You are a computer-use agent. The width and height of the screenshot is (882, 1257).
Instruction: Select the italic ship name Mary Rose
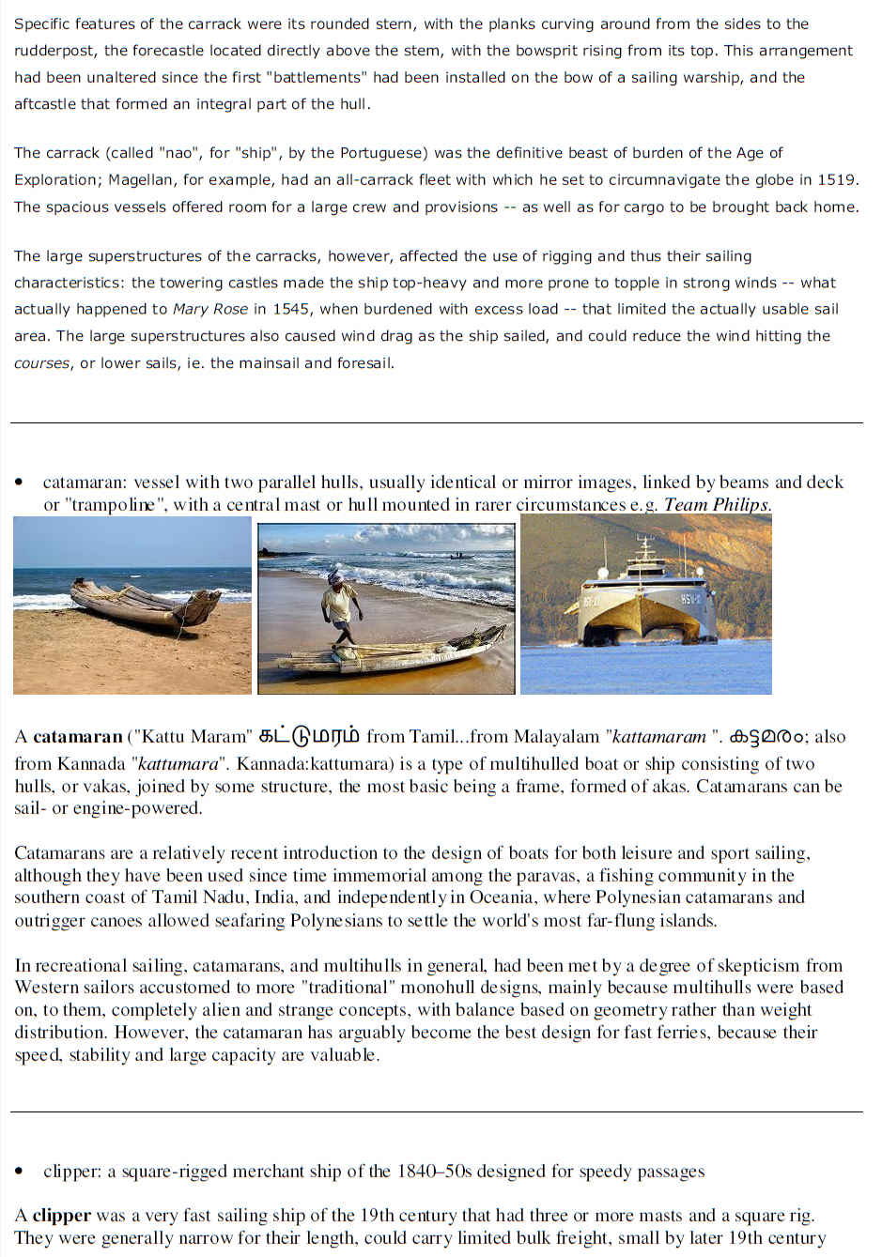click(x=210, y=309)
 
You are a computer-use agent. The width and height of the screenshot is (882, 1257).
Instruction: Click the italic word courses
click(x=41, y=363)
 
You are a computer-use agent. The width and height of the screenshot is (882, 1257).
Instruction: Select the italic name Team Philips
click(x=717, y=505)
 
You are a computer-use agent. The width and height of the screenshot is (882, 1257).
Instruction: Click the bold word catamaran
click(x=78, y=737)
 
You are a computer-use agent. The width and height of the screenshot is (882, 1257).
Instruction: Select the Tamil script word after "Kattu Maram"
click(x=308, y=737)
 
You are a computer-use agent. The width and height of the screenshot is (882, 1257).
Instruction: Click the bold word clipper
click(x=62, y=1216)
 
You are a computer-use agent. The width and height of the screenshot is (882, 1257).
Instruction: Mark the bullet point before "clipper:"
click(x=20, y=1172)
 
